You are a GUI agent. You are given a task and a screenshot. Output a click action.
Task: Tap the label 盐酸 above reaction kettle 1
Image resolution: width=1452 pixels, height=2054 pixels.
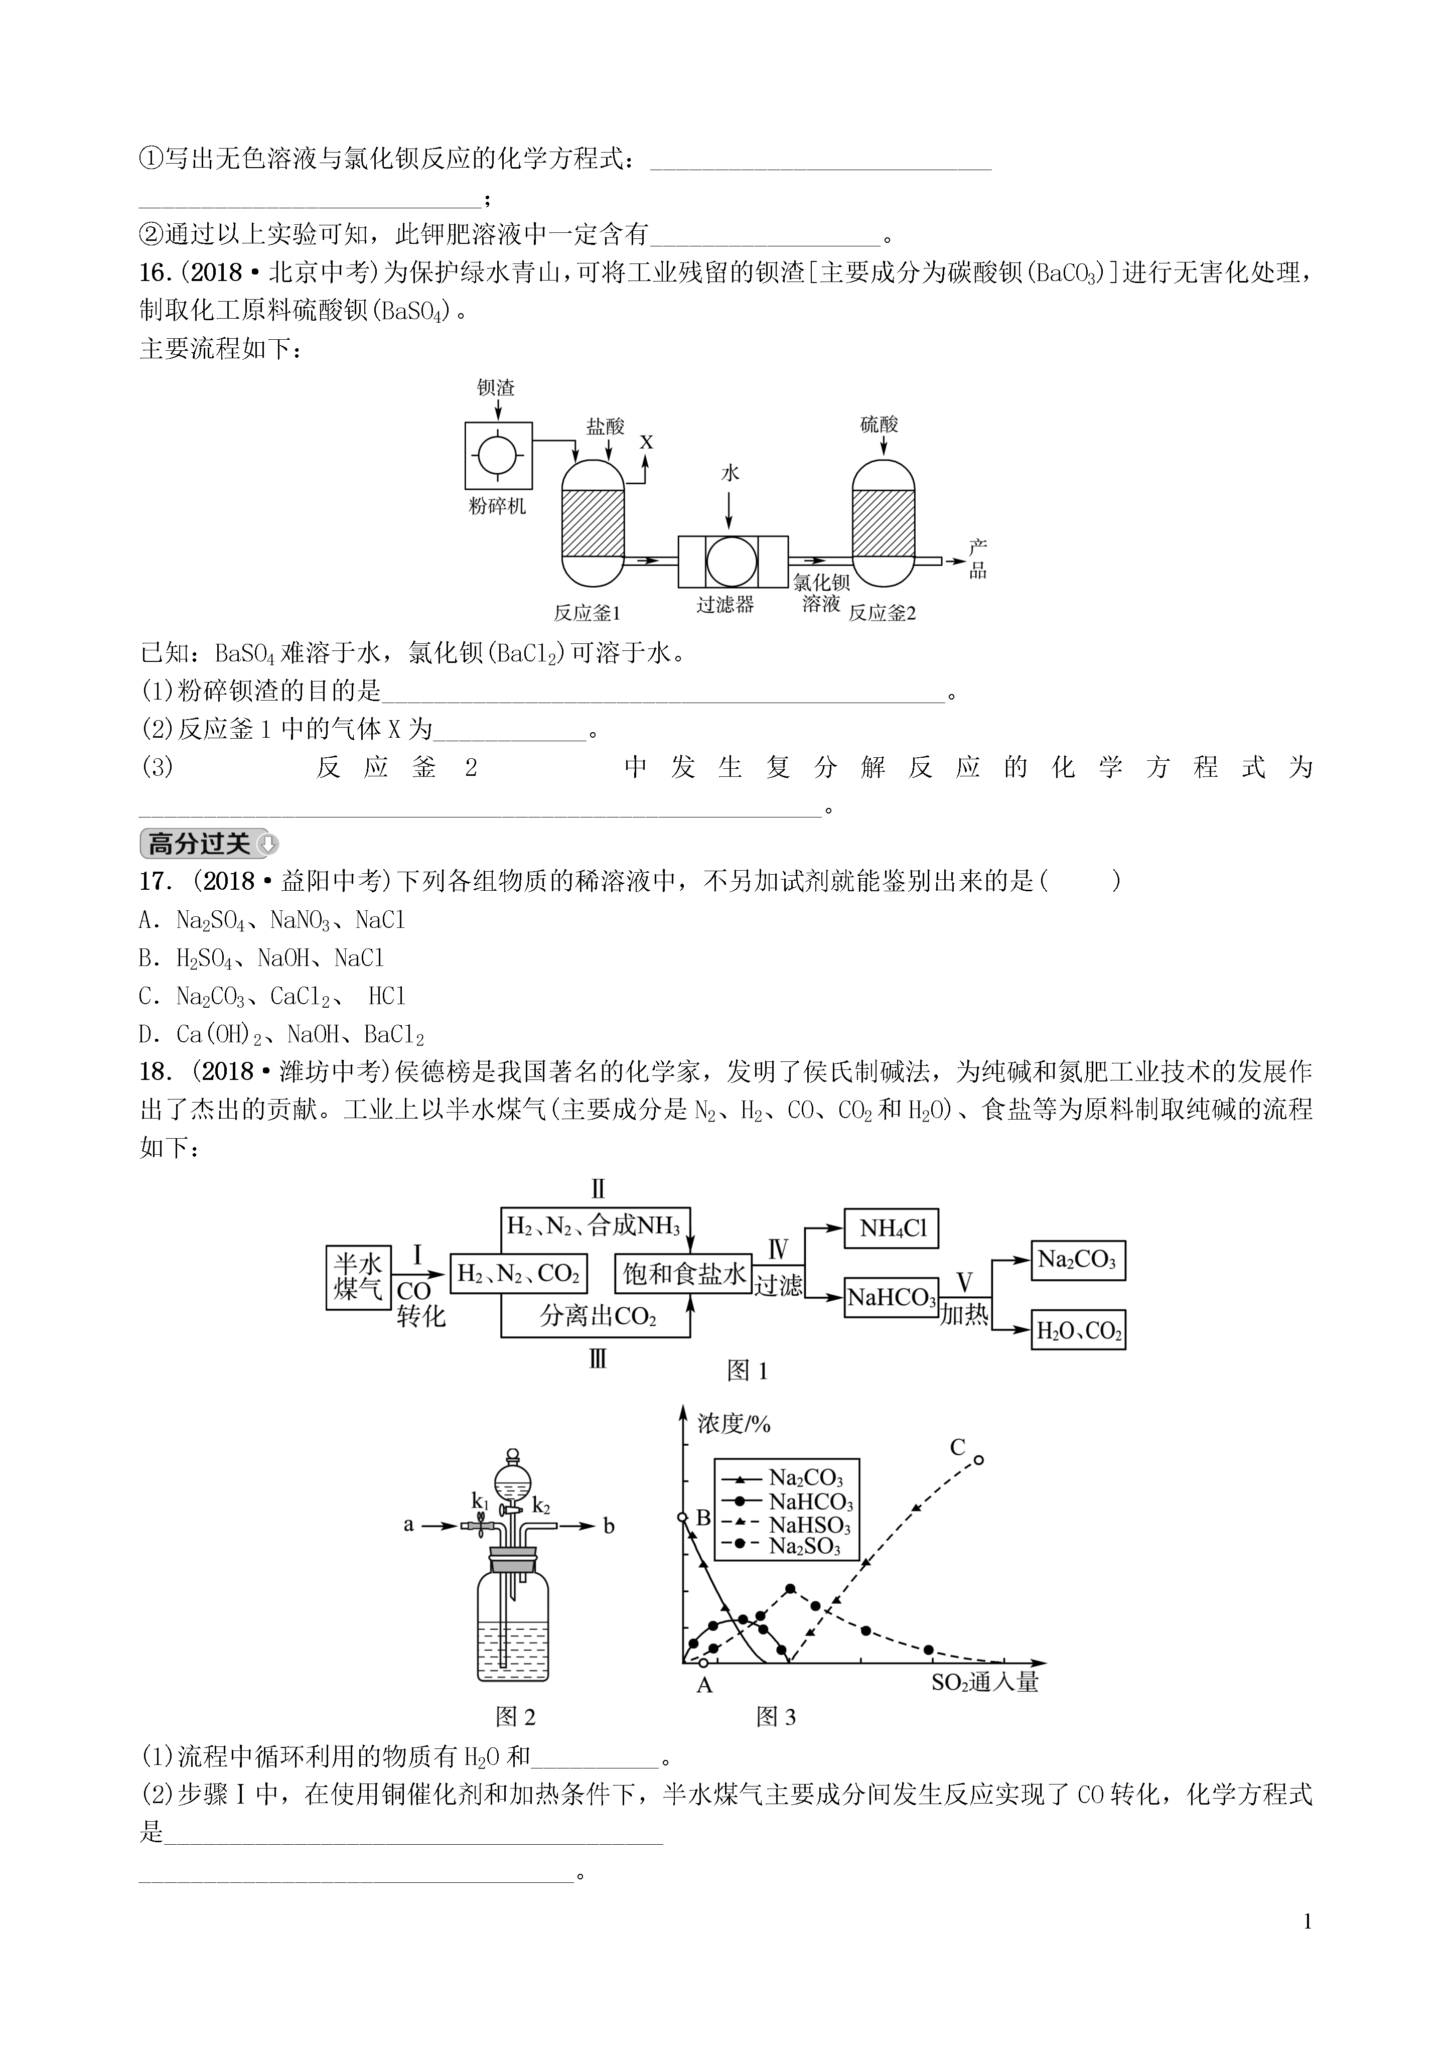click(x=605, y=427)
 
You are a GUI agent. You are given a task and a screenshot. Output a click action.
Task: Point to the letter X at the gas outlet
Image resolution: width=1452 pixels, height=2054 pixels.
click(x=646, y=442)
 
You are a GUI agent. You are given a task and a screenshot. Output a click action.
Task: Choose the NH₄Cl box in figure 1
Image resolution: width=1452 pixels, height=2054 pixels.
click(x=892, y=1228)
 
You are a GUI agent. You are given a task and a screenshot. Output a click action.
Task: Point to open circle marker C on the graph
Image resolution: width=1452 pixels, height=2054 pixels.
click(x=979, y=1460)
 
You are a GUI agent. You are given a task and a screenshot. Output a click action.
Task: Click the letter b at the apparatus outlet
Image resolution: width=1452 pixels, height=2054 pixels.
click(x=609, y=1526)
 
